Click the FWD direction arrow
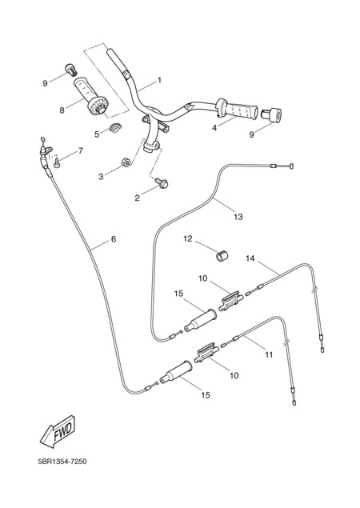click(x=58, y=431)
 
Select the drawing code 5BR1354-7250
click(x=62, y=461)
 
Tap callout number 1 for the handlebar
click(x=159, y=80)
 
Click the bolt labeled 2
click(x=162, y=184)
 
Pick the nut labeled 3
click(x=126, y=162)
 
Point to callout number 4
click(x=214, y=128)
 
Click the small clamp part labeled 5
click(x=114, y=127)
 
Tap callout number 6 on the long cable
click(x=114, y=239)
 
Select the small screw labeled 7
click(x=58, y=162)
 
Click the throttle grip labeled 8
click(x=91, y=96)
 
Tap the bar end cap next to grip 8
click(x=70, y=69)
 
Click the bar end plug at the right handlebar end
click(x=271, y=114)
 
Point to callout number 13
click(x=238, y=217)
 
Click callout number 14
click(x=250, y=258)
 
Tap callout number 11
click(x=269, y=354)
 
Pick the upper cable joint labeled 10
click(x=231, y=301)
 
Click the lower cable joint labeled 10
click(x=206, y=353)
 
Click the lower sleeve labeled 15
click(x=176, y=372)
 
